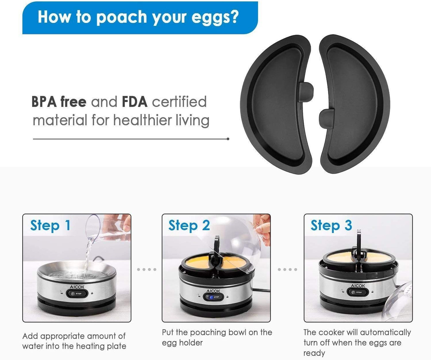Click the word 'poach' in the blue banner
click(x=122, y=17)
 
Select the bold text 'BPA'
click(x=44, y=102)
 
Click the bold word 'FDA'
click(x=135, y=102)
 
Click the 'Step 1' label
click(x=50, y=226)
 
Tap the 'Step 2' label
click(x=189, y=226)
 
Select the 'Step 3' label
click(x=331, y=226)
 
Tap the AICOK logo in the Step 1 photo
click(x=77, y=287)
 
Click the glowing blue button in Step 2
click(x=211, y=297)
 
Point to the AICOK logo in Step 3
click(x=358, y=285)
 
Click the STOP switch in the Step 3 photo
click(x=358, y=292)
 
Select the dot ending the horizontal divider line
click(x=228, y=139)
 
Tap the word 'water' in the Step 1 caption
click(x=33, y=346)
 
